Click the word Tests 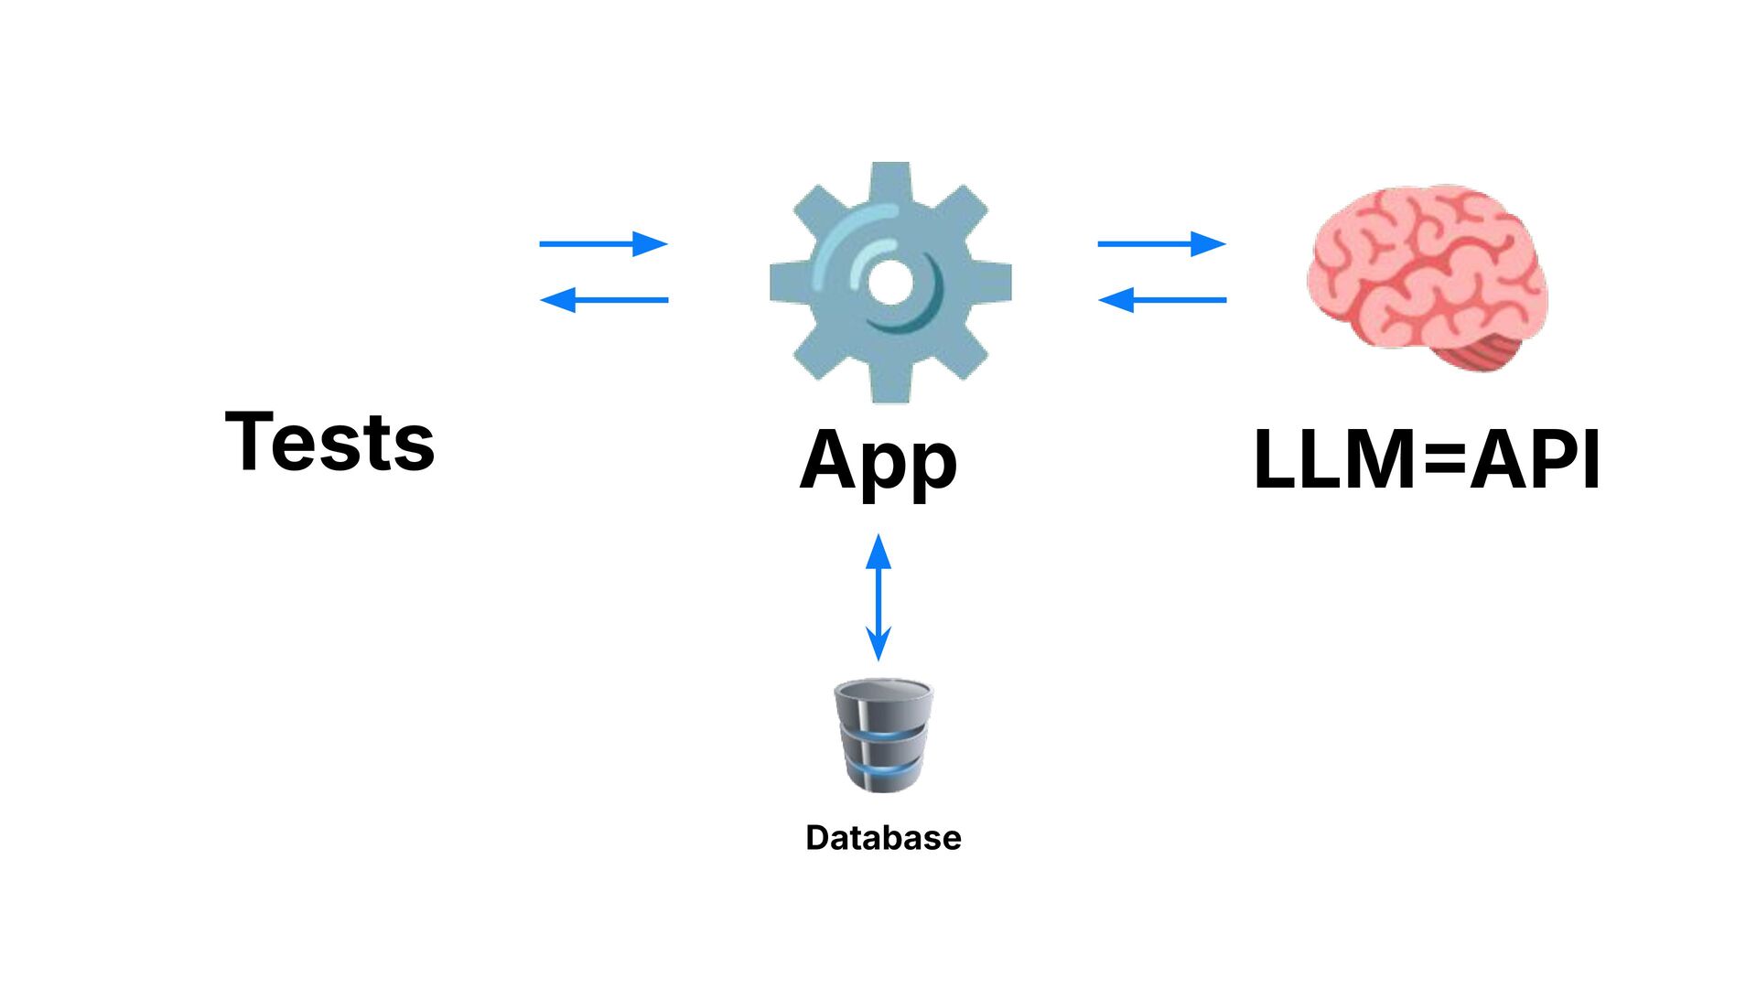pyautogui.click(x=329, y=442)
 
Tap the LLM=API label pyautogui.click(x=1426, y=459)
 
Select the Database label pyautogui.click(x=883, y=838)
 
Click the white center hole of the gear pyautogui.click(x=889, y=282)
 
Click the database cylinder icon pyautogui.click(x=883, y=736)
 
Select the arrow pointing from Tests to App pyautogui.click(x=603, y=243)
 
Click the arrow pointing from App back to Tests pyautogui.click(x=603, y=299)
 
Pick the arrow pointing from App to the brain pyautogui.click(x=1161, y=243)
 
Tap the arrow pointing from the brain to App pyautogui.click(x=1161, y=299)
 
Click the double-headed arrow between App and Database pyautogui.click(x=878, y=596)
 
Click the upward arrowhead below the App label pyautogui.click(x=878, y=551)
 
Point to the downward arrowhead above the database pyautogui.click(x=878, y=644)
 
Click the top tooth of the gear pyautogui.click(x=889, y=179)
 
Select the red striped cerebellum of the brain pyautogui.click(x=1487, y=352)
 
